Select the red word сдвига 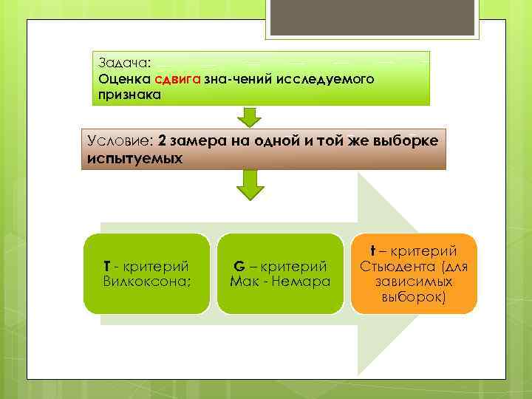coord(174,78)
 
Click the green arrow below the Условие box coord(250,185)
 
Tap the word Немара coord(299,282)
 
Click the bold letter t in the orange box coord(374,251)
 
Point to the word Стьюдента coord(396,267)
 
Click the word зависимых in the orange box coord(414,282)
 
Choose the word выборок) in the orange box coord(414,298)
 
